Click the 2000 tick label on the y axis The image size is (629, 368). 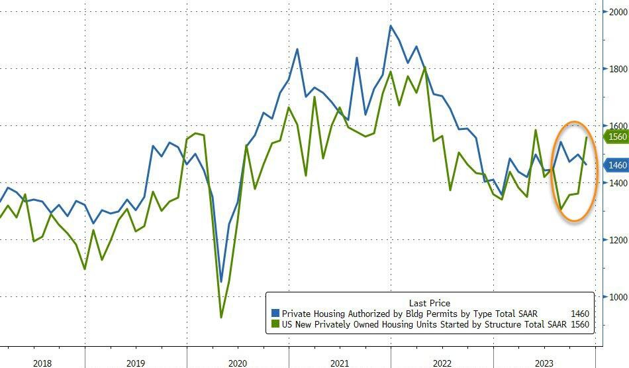tap(616, 11)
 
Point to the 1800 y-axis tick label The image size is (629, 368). tap(616, 68)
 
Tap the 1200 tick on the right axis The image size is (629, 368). tap(616, 239)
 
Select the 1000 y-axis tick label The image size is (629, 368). tap(616, 296)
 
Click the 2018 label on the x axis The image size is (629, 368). tap(42, 363)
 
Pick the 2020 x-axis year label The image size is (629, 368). tap(238, 363)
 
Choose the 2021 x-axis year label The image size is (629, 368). tap(340, 363)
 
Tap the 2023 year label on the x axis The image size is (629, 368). tap(544, 363)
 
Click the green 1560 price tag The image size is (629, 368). tap(616, 137)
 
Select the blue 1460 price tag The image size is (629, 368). tap(616, 165)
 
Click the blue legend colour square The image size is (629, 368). tap(276, 314)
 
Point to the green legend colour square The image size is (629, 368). tap(276, 324)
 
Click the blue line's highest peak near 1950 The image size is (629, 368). tap(391, 26)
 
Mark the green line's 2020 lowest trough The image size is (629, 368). tap(221, 317)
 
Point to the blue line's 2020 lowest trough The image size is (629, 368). tap(221, 281)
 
